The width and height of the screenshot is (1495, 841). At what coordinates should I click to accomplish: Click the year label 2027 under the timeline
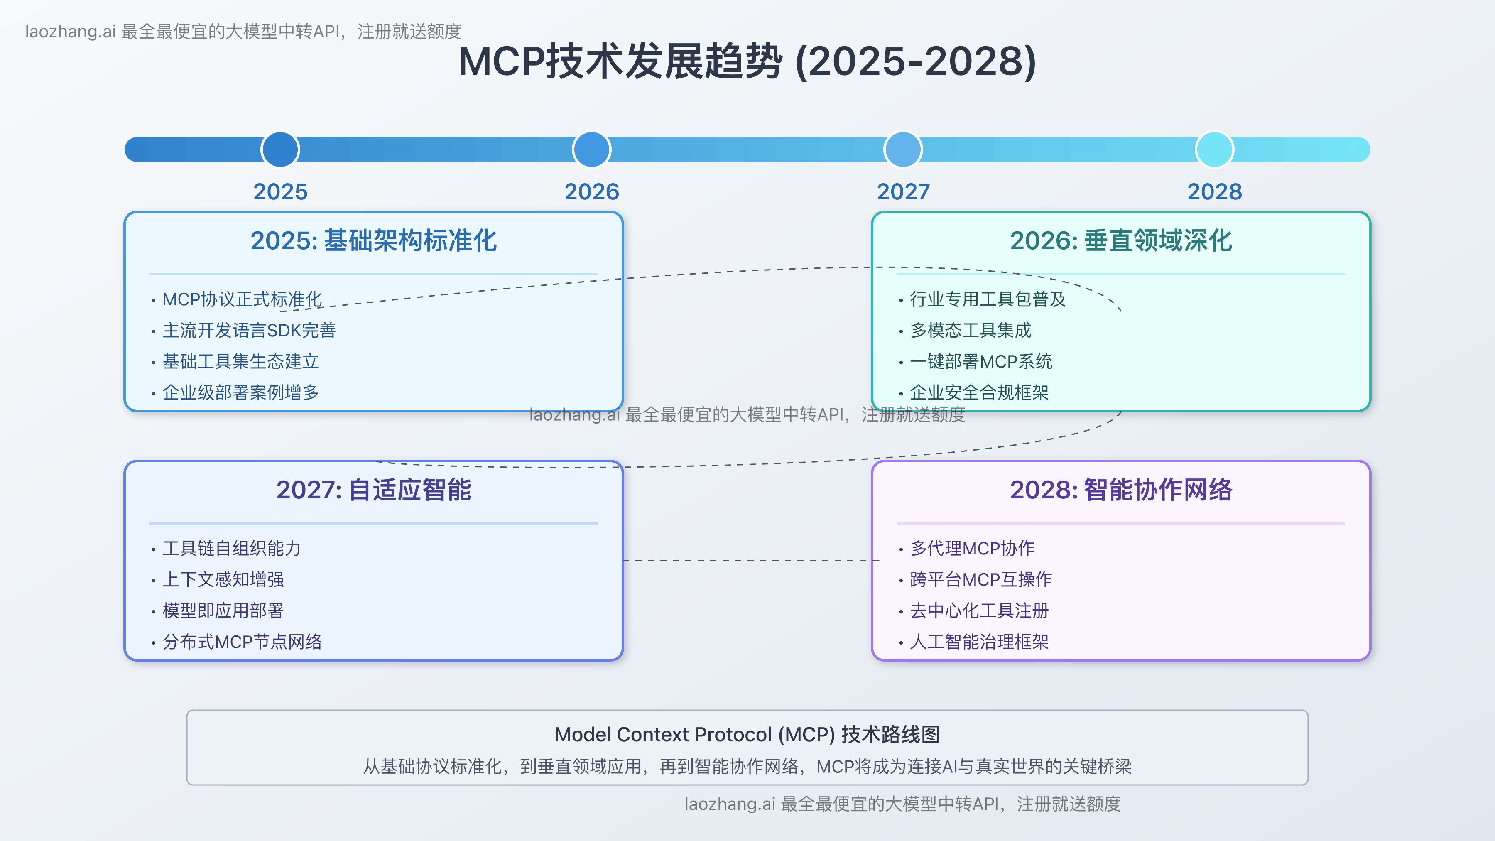[903, 191]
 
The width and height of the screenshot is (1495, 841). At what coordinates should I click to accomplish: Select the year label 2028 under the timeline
[1214, 191]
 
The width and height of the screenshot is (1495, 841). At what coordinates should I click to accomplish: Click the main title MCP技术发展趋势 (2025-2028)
[747, 61]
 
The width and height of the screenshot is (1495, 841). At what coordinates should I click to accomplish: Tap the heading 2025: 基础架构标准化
[373, 240]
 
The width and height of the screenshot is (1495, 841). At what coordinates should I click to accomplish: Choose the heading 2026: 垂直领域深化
[1121, 240]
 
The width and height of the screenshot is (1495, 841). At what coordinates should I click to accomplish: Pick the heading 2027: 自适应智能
[373, 489]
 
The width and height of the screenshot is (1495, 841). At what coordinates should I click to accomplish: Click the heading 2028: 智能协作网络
[1121, 489]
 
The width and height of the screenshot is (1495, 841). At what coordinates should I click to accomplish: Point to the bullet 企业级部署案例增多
[240, 392]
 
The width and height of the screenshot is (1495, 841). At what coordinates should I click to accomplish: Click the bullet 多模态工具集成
[971, 330]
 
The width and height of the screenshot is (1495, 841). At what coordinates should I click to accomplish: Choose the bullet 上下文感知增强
[223, 579]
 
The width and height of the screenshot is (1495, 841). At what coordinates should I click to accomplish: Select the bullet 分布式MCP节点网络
[242, 641]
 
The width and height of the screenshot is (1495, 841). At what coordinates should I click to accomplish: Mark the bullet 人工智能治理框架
[979, 641]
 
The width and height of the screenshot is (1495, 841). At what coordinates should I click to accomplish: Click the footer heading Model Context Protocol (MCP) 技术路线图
[747, 734]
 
